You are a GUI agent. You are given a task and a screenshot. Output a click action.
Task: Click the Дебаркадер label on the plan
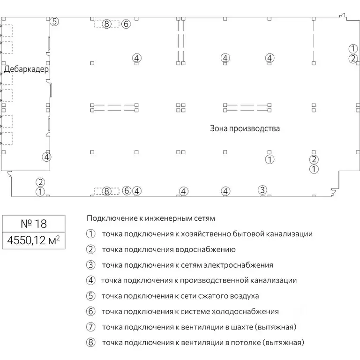tap(26, 69)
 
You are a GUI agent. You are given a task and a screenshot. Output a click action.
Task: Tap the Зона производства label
tap(245, 128)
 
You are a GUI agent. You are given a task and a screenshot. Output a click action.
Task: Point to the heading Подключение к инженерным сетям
tap(150, 218)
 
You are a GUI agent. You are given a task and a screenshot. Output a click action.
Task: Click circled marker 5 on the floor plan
tap(54, 22)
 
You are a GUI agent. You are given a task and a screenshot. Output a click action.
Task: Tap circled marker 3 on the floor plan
tap(262, 190)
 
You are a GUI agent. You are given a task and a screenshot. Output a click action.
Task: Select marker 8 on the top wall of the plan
tap(107, 24)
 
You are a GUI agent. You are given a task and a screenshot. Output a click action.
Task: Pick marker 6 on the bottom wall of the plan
tap(126, 191)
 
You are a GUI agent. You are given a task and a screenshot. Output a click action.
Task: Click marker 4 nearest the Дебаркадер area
tap(46, 157)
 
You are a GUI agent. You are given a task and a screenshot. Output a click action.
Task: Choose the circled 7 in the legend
tap(90, 327)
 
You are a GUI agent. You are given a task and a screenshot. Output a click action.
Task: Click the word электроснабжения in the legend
tap(238, 265)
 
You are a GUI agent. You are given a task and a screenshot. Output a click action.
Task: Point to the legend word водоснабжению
tap(207, 249)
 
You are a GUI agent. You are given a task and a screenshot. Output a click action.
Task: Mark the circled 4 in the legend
tap(90, 280)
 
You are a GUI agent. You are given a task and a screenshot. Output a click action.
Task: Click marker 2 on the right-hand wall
tap(352, 59)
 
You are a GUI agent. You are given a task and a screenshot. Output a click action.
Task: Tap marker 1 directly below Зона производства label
tap(270, 159)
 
